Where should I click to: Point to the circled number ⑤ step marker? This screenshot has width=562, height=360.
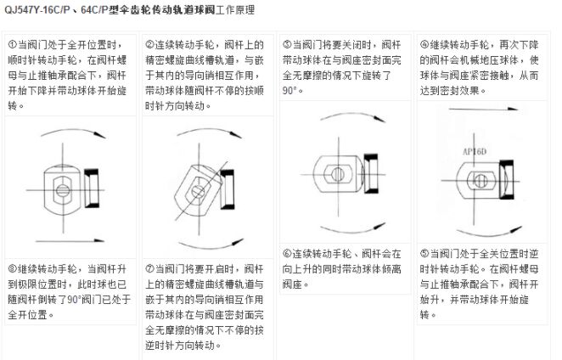pyautogui.click(x=425, y=253)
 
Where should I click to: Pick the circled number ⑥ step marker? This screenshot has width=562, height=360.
pyautogui.click(x=287, y=253)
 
